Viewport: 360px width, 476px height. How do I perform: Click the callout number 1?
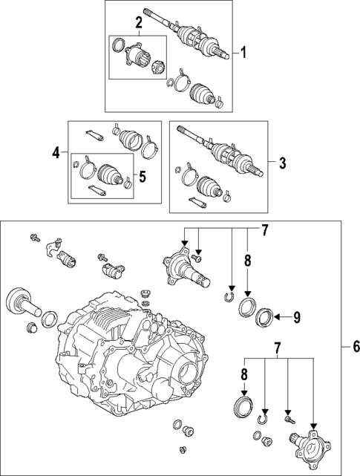(243, 53)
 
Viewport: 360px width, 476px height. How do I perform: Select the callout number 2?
(139, 22)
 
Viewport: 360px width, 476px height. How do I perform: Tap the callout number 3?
(282, 163)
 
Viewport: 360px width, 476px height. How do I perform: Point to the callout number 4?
(56, 153)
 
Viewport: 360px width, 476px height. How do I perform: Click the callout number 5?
(143, 177)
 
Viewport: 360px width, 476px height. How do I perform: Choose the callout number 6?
(356, 346)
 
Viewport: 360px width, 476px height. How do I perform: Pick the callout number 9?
(296, 317)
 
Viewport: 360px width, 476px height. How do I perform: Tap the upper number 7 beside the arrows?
(265, 231)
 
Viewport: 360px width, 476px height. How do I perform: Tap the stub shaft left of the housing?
(23, 302)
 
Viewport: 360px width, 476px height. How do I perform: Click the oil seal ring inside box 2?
(118, 45)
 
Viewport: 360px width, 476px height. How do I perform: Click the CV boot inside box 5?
(110, 175)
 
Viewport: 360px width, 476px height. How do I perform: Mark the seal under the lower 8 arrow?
(243, 405)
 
